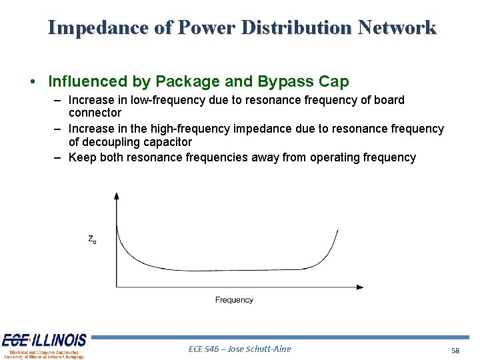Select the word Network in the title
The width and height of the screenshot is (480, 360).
[x=397, y=28]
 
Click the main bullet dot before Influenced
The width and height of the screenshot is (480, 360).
[x=33, y=82]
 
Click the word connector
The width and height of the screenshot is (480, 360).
[x=95, y=113]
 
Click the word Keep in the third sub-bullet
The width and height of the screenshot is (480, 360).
[x=82, y=157]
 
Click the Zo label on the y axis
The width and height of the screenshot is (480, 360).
[x=92, y=239]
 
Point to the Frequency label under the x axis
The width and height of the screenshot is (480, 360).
[x=234, y=300]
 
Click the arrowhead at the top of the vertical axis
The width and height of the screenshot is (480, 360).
[x=117, y=196]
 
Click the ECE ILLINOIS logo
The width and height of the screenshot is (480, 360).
[x=44, y=345]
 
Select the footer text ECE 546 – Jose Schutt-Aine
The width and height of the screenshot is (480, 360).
[x=240, y=349]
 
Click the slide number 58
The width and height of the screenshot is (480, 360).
[x=455, y=350]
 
